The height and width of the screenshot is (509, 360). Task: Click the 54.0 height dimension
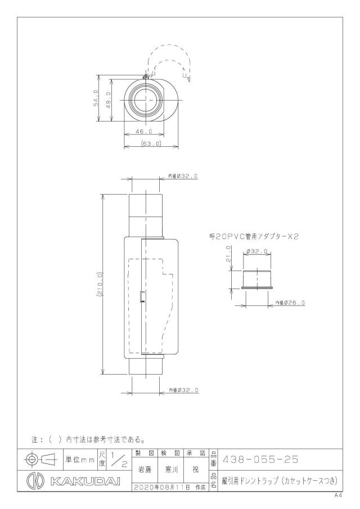(x=96, y=98)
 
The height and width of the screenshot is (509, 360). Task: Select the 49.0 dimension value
(x=109, y=100)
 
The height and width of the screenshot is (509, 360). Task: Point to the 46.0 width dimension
(x=144, y=131)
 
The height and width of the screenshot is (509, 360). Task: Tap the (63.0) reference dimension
(x=151, y=143)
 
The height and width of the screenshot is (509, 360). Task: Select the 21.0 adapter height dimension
(x=228, y=254)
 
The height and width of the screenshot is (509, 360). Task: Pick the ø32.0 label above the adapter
(x=256, y=251)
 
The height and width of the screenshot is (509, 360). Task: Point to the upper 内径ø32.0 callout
(x=183, y=176)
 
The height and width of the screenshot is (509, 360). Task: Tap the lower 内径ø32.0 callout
(x=183, y=390)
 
